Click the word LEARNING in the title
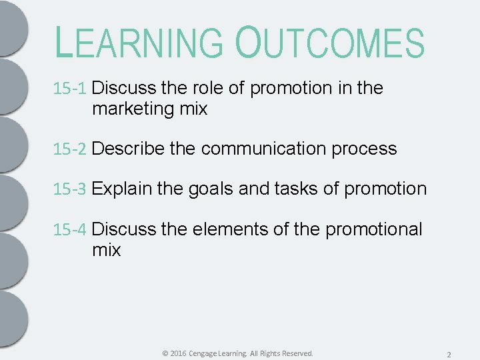click(x=139, y=43)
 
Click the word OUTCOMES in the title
click(x=329, y=43)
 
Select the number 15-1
click(x=70, y=89)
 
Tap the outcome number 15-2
click(x=70, y=149)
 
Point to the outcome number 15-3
click(x=70, y=189)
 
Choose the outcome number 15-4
click(x=70, y=230)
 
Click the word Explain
click(x=122, y=189)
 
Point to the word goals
click(x=210, y=189)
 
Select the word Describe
click(x=129, y=149)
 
